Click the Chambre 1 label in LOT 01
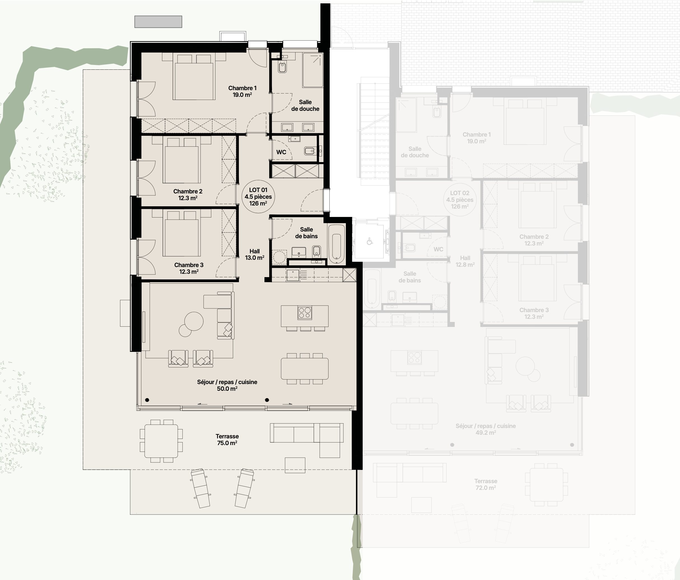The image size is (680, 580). (242, 88)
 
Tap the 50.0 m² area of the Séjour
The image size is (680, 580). (227, 389)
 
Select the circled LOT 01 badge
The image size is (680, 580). (258, 196)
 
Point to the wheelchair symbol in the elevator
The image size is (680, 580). (370, 242)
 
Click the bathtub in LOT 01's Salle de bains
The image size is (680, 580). (337, 244)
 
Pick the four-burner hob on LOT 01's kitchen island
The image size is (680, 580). (304, 312)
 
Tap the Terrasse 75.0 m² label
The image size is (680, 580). (227, 439)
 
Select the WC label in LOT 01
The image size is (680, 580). (281, 152)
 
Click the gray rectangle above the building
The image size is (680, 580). (158, 22)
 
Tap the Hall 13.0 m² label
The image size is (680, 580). (255, 254)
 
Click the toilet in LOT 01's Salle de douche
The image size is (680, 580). (282, 67)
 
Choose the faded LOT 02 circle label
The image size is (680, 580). (460, 200)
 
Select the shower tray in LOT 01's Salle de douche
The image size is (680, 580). (313, 70)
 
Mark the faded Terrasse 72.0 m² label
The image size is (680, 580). (486, 485)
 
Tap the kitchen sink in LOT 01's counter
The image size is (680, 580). (292, 275)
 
